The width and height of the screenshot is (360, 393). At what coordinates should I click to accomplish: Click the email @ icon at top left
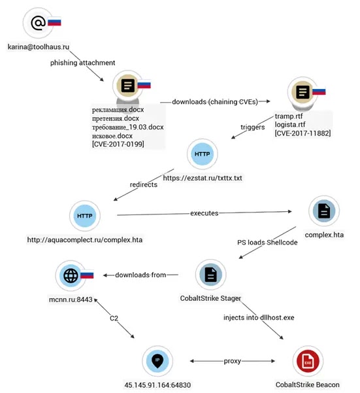(39, 23)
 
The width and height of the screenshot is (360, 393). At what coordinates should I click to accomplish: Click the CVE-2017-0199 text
(120, 144)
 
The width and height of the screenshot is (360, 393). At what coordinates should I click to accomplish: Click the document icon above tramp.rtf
(302, 93)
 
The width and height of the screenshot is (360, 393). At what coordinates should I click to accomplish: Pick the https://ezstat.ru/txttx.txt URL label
(208, 179)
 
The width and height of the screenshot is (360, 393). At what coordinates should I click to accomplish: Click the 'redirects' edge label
(144, 184)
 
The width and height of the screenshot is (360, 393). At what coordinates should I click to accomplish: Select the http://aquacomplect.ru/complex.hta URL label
(85, 239)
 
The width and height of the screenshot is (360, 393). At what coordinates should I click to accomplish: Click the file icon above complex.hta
(322, 211)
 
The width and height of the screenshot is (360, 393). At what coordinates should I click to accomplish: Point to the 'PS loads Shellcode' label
(266, 243)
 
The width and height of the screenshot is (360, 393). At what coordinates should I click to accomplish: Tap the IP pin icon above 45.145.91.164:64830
(157, 360)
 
